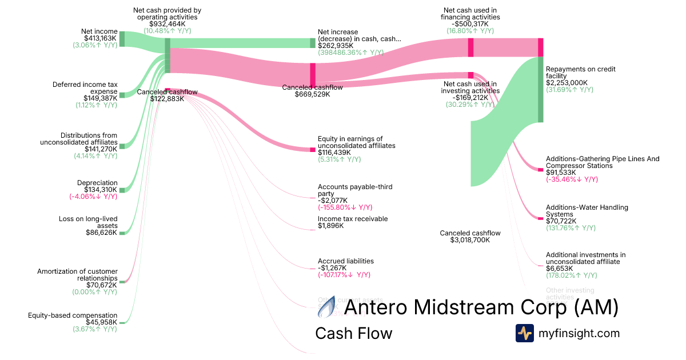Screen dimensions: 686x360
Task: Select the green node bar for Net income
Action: pos(122,38)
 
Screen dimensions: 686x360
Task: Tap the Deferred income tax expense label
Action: pos(85,88)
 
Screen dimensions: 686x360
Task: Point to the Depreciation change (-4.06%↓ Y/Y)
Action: pos(93,197)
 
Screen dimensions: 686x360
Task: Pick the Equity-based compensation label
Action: pos(73,315)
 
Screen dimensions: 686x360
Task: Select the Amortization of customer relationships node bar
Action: pos(122,281)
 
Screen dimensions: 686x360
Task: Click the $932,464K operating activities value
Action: pos(167,24)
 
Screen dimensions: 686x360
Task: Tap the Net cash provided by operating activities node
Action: pos(167,55)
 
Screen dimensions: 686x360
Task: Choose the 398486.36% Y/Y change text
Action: pos(350,52)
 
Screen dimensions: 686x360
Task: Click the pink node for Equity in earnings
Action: pos(313,150)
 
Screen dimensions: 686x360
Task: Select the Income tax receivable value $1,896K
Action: pos(331,226)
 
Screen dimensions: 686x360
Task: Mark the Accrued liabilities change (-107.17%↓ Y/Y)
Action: pos(344,275)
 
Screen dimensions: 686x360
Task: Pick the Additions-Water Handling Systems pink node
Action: pos(540,218)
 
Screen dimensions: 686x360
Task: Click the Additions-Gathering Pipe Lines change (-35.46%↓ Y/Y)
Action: pos(572,179)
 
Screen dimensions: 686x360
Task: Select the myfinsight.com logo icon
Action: pos(525,333)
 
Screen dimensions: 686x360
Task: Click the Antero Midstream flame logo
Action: pos(327,309)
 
